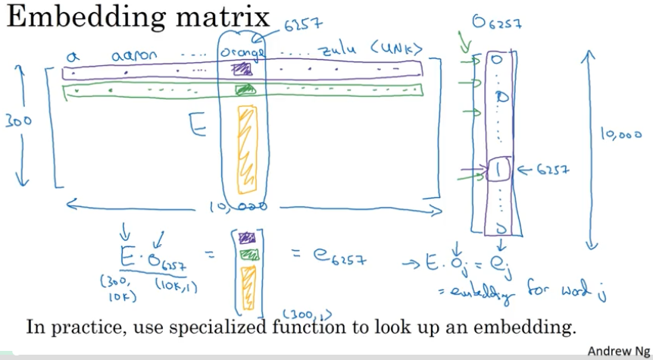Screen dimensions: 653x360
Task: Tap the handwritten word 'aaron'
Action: pyautogui.click(x=134, y=55)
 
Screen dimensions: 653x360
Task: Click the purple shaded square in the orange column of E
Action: pyautogui.click(x=242, y=70)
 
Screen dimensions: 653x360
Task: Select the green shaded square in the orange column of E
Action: pyautogui.click(x=244, y=91)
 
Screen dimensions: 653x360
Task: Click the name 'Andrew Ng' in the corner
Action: pyautogui.click(x=619, y=351)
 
